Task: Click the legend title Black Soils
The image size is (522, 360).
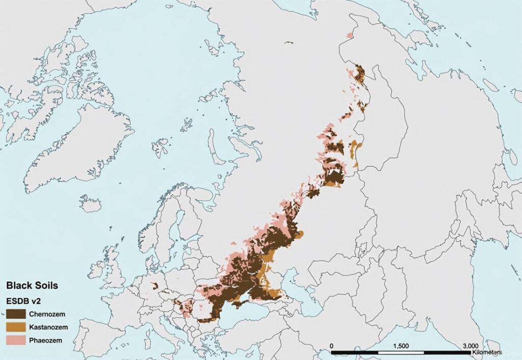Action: pos(32,286)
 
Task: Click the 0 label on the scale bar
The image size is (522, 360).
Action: pos(332,346)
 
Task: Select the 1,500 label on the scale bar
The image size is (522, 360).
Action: pos(402,346)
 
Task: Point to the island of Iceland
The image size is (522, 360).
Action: pos(90,204)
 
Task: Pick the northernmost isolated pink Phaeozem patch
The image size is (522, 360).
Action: pos(349,35)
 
